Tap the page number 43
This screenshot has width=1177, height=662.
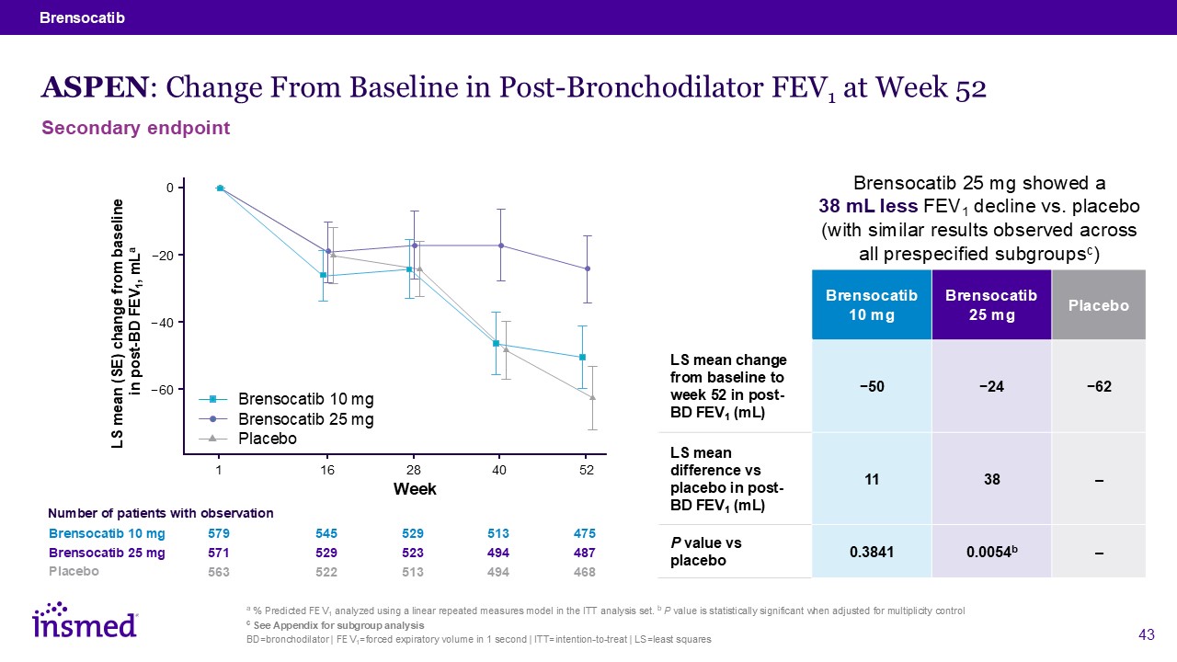pyautogui.click(x=1146, y=634)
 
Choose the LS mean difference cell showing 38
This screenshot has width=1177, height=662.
pyautogui.click(x=991, y=479)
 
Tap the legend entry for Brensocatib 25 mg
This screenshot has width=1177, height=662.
pyautogui.click(x=306, y=419)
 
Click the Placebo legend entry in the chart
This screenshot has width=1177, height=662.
pyautogui.click(x=268, y=439)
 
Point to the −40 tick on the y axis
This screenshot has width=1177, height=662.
pyautogui.click(x=164, y=323)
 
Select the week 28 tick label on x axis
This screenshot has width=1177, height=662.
pyautogui.click(x=413, y=470)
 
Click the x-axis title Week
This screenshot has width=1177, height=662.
pyautogui.click(x=415, y=488)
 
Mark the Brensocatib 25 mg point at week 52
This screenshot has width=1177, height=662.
pyautogui.click(x=588, y=268)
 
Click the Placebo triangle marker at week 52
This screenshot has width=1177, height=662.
pyautogui.click(x=592, y=397)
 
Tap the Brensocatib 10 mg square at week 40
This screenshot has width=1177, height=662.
pyautogui.click(x=496, y=344)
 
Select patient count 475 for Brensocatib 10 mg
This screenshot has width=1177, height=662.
pyautogui.click(x=585, y=533)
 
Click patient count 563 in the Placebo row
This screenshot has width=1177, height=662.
pyautogui.click(x=219, y=572)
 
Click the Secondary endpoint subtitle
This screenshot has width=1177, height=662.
pyautogui.click(x=136, y=129)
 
